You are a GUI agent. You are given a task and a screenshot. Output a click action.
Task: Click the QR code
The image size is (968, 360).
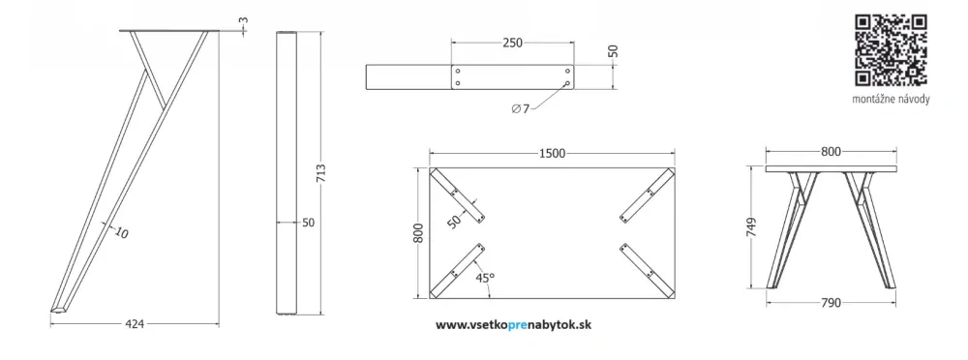(x=891, y=50)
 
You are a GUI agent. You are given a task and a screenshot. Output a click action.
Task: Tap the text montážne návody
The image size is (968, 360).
(x=891, y=100)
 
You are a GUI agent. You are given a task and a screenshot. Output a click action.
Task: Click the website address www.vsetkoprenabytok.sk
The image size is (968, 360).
(x=513, y=325)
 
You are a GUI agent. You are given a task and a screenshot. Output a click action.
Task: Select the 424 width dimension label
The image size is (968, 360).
(x=135, y=324)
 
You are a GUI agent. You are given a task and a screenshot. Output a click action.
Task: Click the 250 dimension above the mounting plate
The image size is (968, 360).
(x=512, y=43)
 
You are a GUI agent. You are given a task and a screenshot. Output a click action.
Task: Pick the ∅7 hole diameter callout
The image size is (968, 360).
(x=521, y=109)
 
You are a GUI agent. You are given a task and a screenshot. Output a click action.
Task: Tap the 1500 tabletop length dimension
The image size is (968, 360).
(x=552, y=153)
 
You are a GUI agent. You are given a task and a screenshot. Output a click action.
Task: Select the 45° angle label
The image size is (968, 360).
(x=485, y=278)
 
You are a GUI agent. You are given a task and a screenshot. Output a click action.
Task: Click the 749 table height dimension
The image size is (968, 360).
(x=751, y=227)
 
